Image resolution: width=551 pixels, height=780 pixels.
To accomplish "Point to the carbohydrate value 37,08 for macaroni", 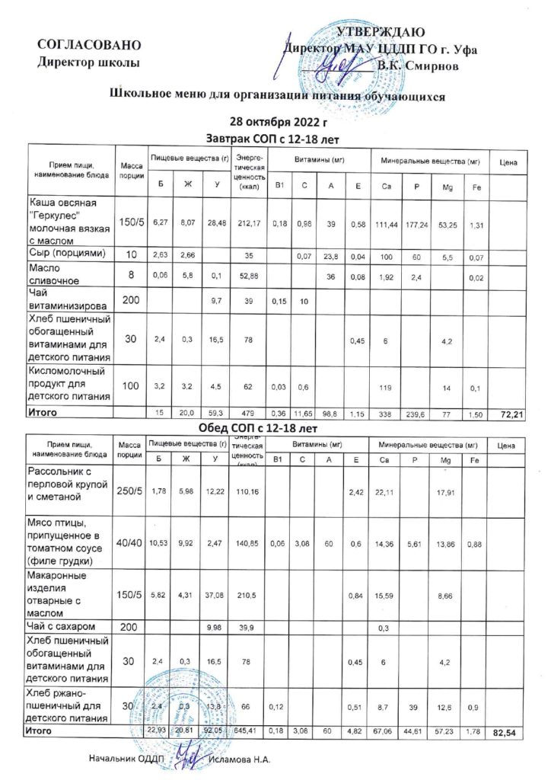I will [x=218, y=594].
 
